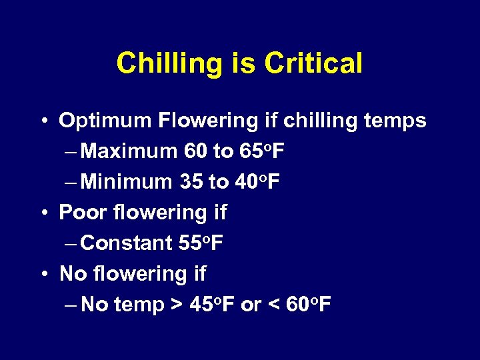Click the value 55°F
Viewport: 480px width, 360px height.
point(201,243)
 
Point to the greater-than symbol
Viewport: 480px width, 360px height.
point(177,305)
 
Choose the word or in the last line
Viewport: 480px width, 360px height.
point(251,305)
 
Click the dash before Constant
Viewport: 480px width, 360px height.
point(73,243)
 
